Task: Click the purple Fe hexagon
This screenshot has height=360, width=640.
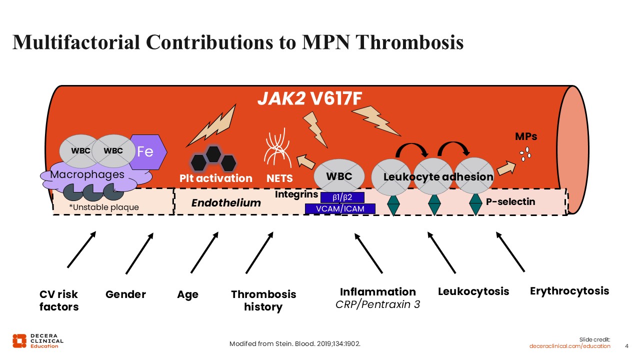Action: (x=146, y=152)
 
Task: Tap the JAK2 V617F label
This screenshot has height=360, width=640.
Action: (x=309, y=99)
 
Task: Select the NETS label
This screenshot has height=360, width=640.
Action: (x=279, y=178)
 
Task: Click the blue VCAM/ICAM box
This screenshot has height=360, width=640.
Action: (x=340, y=208)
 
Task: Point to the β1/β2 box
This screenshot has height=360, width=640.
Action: (x=341, y=197)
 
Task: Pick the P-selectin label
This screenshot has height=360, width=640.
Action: (x=510, y=202)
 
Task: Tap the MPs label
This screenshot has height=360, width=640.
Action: (x=526, y=136)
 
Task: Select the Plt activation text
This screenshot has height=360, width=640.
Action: (x=216, y=178)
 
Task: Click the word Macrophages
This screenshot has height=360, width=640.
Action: (x=87, y=174)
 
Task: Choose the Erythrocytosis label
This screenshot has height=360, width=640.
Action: (x=569, y=290)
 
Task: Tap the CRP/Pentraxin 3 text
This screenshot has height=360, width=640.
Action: (x=378, y=303)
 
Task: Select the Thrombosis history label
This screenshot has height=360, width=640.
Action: (x=263, y=300)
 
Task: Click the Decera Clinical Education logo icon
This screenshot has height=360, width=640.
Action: (x=19, y=340)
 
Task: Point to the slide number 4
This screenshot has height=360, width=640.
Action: (x=627, y=346)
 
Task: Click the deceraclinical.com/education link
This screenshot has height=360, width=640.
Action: (x=570, y=346)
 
